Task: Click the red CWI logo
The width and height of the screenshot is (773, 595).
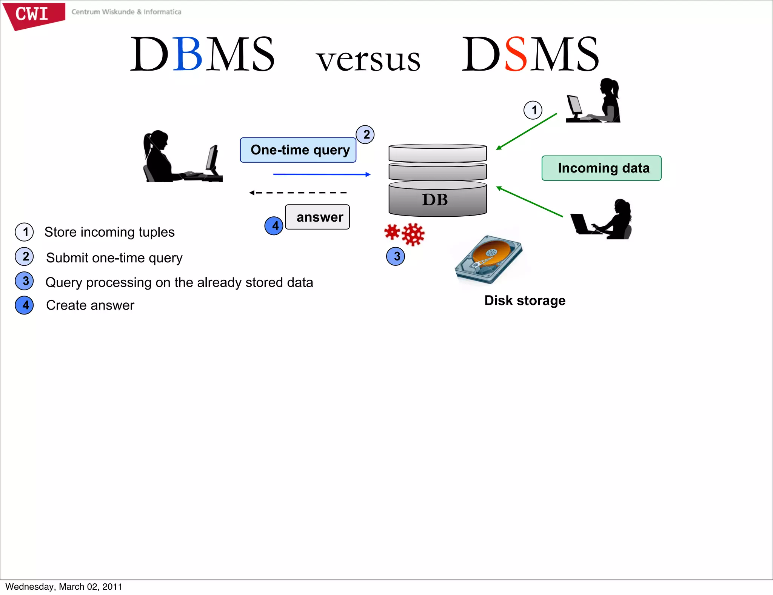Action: (x=33, y=15)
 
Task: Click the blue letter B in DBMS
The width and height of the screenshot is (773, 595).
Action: (x=188, y=54)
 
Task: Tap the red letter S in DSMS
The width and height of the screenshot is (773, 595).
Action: (x=516, y=54)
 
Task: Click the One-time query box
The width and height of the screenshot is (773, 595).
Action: (x=298, y=150)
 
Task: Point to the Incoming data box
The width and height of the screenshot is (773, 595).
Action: (x=601, y=168)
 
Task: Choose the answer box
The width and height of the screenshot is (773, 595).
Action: (x=317, y=217)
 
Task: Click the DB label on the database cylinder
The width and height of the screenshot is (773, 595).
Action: (x=435, y=200)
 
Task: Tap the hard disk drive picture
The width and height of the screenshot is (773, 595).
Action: (x=489, y=260)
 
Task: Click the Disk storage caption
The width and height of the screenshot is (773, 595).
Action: (x=525, y=301)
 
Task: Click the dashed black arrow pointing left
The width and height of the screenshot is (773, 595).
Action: (x=298, y=193)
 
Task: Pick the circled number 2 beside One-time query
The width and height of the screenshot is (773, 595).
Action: (x=365, y=134)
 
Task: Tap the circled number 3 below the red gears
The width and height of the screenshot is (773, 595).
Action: (x=396, y=256)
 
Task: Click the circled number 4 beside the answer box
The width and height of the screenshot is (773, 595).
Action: (x=274, y=226)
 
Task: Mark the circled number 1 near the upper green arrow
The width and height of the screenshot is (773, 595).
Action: (x=533, y=110)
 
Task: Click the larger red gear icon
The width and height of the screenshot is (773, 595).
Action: (x=413, y=234)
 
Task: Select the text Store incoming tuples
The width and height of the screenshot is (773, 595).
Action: (x=109, y=232)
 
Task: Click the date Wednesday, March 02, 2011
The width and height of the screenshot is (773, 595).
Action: (x=64, y=587)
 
